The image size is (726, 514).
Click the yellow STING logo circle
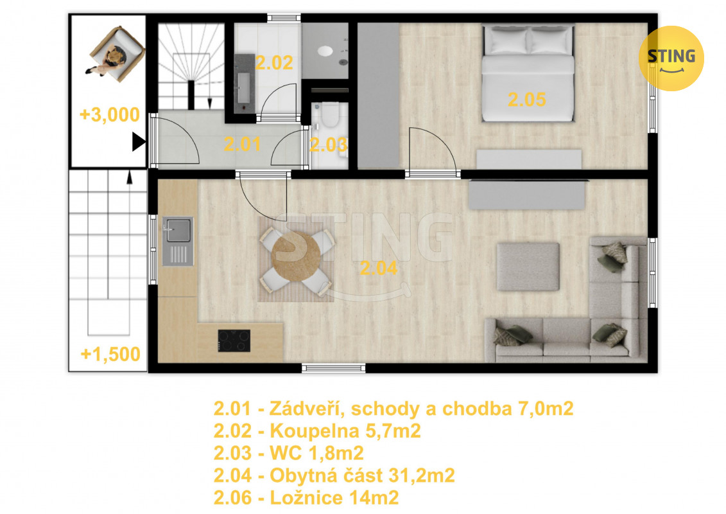[x=671, y=58]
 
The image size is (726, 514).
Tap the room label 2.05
[x=527, y=100]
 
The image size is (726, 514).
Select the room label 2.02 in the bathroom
[x=274, y=63]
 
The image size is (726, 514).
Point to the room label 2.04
[x=378, y=268]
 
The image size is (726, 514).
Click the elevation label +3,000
[x=110, y=115]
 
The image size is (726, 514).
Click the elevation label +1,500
[x=110, y=355]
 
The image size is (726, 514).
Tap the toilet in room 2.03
[x=331, y=115]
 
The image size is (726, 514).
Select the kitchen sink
[x=178, y=241]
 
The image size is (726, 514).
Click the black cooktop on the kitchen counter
[x=234, y=341]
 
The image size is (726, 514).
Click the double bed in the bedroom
[x=528, y=73]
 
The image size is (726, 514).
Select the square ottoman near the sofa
[x=528, y=267]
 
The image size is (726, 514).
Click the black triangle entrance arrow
[x=139, y=142]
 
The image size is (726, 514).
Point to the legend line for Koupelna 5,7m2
[x=317, y=431]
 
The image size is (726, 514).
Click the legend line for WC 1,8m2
[x=288, y=453]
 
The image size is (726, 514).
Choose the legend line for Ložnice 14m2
[x=306, y=498]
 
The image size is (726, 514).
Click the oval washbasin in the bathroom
[x=325, y=51]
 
